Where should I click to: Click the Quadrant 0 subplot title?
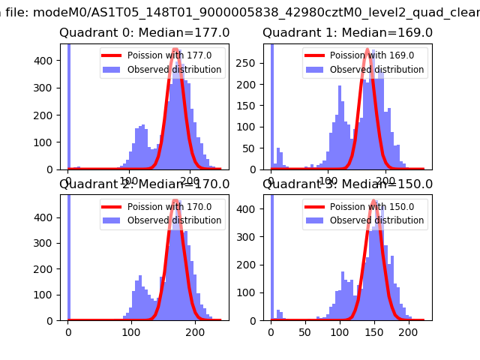point(145,33)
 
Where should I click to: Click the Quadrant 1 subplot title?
point(347,33)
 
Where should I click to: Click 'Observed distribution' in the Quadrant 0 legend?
point(174,70)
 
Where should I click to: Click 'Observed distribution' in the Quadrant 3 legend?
point(376,220)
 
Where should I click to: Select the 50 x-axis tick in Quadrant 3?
point(305,331)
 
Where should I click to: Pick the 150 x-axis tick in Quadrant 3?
point(374,331)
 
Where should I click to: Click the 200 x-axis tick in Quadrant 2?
point(195,331)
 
